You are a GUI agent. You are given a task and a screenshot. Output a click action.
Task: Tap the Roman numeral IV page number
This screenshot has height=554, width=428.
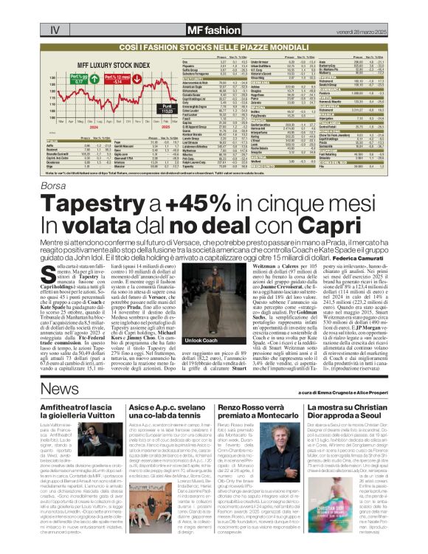coord(55,30)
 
